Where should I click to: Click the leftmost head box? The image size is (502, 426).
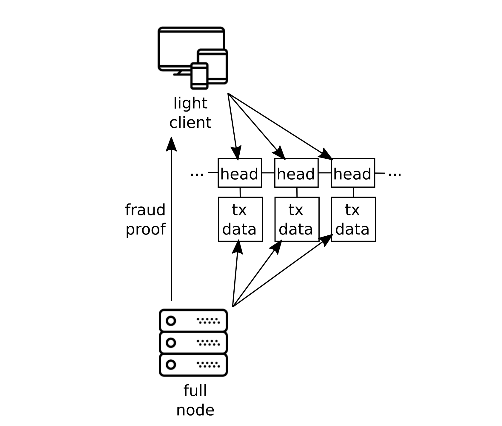tap(240, 173)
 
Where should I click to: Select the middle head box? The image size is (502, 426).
tap(296, 173)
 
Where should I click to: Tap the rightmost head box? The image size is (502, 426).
tap(353, 173)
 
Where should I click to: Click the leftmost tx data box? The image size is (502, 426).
tap(240, 219)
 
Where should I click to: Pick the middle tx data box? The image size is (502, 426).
tap(297, 219)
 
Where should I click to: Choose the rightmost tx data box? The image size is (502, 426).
tap(353, 219)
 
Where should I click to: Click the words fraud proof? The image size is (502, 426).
tap(145, 220)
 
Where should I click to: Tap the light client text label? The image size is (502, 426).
tap(190, 113)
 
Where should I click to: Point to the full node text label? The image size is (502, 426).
tap(195, 400)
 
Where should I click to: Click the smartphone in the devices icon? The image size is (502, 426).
tap(199, 76)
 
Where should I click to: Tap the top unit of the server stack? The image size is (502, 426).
tap(193, 321)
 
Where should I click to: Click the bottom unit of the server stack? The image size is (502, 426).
tap(193, 365)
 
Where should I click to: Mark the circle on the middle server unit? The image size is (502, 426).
tap(171, 343)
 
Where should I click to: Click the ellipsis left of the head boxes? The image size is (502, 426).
tap(197, 174)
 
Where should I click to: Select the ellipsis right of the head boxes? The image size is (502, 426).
tap(394, 174)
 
